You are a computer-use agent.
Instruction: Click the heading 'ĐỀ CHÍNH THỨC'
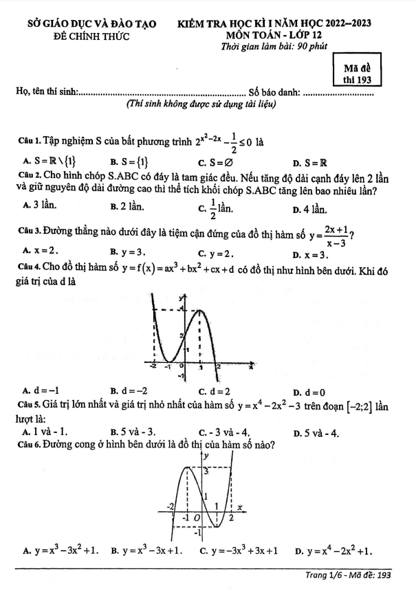click(x=91, y=35)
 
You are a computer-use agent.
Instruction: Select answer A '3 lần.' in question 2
click(x=40, y=204)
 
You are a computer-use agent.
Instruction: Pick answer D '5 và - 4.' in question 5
click(x=313, y=432)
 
